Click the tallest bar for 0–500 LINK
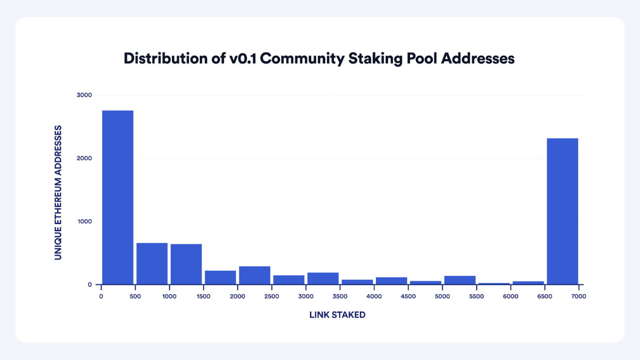click(117, 197)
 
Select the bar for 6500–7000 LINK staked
click(563, 211)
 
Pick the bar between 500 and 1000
click(152, 264)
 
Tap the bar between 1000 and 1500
click(186, 264)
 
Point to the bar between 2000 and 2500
click(255, 275)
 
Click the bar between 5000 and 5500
click(460, 280)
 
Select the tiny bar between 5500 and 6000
click(494, 284)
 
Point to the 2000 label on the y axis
click(85, 158)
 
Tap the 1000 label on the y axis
click(85, 222)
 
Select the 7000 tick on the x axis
click(579, 296)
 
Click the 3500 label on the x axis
click(340, 296)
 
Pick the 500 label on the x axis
click(135, 296)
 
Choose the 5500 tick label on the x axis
click(476, 296)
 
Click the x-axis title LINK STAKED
click(337, 315)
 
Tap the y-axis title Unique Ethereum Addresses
click(58, 192)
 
